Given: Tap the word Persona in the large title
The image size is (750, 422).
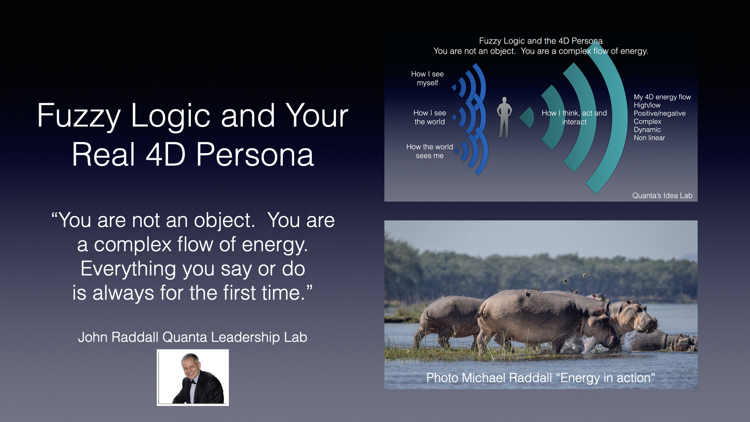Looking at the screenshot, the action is click(255, 155).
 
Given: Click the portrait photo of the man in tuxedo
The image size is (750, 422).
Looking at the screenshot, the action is click(193, 377).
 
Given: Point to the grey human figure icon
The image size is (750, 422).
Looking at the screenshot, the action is click(504, 117).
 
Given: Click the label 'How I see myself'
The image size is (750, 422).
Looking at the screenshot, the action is click(427, 78).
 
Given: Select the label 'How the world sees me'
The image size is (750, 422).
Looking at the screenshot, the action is click(430, 151).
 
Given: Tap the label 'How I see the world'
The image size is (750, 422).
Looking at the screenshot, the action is click(430, 117).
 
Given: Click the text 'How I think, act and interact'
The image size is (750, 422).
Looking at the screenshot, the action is click(574, 117).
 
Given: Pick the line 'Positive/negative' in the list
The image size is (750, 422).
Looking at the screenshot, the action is click(659, 113).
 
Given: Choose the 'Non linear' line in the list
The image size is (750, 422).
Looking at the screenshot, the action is click(649, 138).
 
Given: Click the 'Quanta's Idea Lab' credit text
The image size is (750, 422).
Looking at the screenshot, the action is click(662, 195).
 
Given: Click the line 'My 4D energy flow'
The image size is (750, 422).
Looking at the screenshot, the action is click(662, 97).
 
